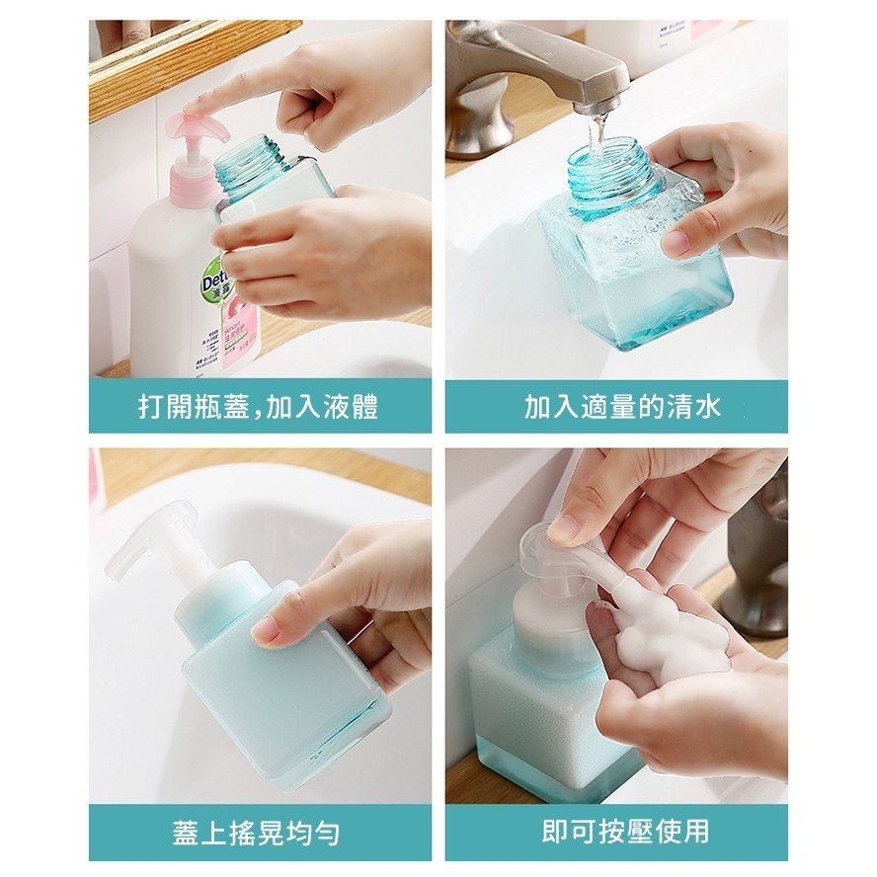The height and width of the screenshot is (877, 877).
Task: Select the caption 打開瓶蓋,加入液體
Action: (259, 407)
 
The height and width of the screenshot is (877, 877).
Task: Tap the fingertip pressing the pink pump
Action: (194, 105)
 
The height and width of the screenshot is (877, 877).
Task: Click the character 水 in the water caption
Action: (708, 407)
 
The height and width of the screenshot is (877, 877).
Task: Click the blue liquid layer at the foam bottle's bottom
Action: (553, 770)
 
